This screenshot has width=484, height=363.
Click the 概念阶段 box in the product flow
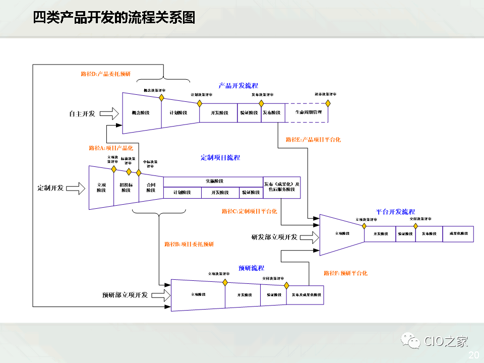(x=142, y=112)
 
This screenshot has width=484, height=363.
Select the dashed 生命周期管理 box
(x=307, y=112)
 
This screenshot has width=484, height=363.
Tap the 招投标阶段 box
(x=127, y=188)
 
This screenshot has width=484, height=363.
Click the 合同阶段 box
(x=151, y=188)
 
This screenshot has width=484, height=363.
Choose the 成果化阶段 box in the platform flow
(x=458, y=234)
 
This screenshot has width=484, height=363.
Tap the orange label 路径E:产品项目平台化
(x=313, y=140)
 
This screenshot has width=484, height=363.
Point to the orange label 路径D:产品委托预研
(x=105, y=74)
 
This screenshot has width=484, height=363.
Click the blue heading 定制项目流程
(x=220, y=158)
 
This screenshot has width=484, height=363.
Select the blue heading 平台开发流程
(x=395, y=212)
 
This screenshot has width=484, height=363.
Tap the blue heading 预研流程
(x=251, y=268)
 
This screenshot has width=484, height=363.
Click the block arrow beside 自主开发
(x=108, y=114)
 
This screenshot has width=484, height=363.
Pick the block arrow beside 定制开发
(x=76, y=188)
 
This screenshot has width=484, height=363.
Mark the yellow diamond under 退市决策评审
(x=328, y=103)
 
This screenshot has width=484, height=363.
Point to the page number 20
(x=473, y=355)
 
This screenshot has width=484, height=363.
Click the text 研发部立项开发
(x=274, y=237)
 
